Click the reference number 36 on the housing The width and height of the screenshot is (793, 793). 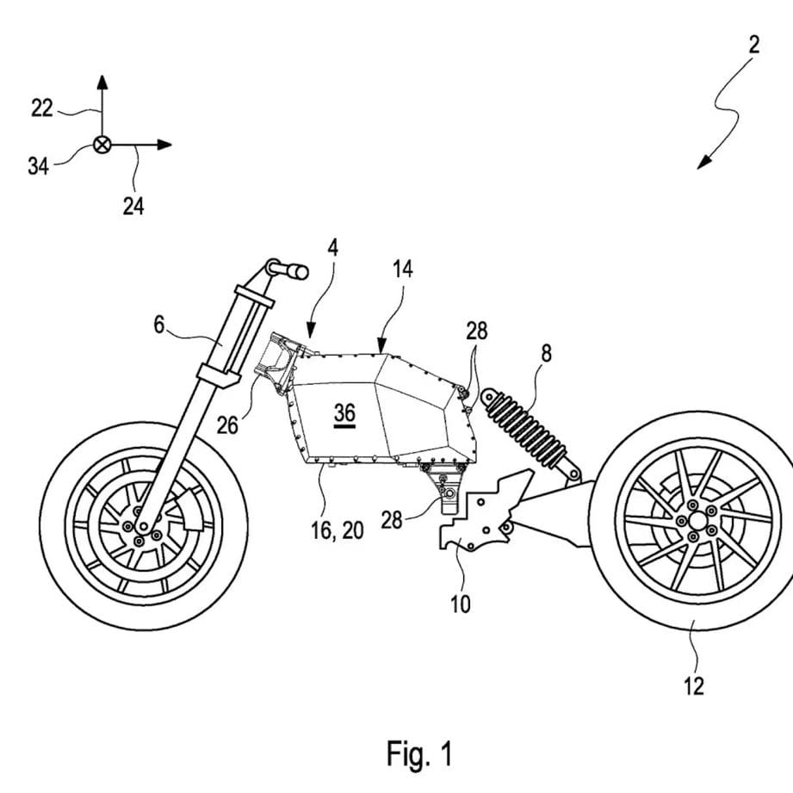click(344, 412)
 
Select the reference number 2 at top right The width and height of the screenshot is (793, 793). click(753, 45)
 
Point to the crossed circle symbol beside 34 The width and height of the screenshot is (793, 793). click(102, 146)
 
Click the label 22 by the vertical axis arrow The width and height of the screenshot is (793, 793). click(42, 108)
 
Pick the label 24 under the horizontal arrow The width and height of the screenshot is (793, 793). click(133, 207)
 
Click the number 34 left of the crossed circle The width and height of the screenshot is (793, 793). click(38, 166)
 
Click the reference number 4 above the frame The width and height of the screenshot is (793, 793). click(332, 248)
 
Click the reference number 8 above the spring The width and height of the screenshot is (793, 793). click(546, 352)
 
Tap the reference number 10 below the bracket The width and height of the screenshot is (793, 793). click(461, 604)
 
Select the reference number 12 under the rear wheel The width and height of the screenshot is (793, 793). click(693, 685)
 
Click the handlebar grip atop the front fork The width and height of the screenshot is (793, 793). click(293, 272)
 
